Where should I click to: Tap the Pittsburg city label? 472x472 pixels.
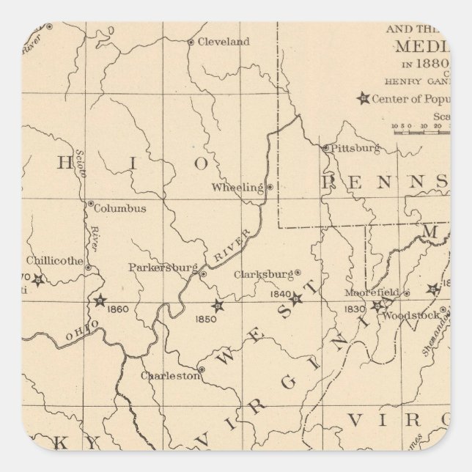tap(356, 147)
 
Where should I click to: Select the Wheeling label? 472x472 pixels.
tap(237, 188)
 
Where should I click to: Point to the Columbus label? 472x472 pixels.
tap(120, 208)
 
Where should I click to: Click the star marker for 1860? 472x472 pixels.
tap(100, 300)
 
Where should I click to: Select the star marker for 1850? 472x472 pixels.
tap(216, 306)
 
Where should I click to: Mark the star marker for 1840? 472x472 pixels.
tap(296, 298)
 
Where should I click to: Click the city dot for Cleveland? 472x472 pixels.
tap(191, 43)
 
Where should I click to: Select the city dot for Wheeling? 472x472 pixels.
tap(270, 187)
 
